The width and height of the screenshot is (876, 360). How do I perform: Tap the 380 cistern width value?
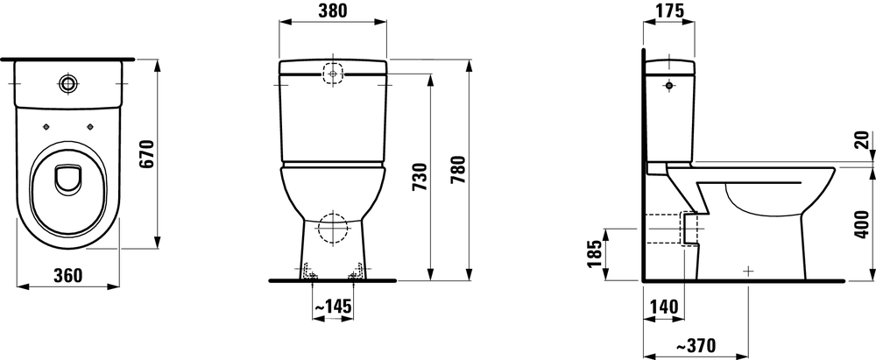[x=332, y=11]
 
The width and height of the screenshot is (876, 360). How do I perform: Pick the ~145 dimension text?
[x=333, y=307]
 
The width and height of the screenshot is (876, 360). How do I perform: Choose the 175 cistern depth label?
[x=669, y=11]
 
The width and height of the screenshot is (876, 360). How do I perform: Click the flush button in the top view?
[x=67, y=83]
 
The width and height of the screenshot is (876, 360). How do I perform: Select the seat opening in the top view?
[x=67, y=180]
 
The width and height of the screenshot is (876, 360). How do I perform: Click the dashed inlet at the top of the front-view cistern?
[x=333, y=73]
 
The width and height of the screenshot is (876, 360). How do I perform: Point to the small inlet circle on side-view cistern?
[x=669, y=87]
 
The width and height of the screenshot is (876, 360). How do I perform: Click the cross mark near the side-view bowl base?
[x=747, y=272]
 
